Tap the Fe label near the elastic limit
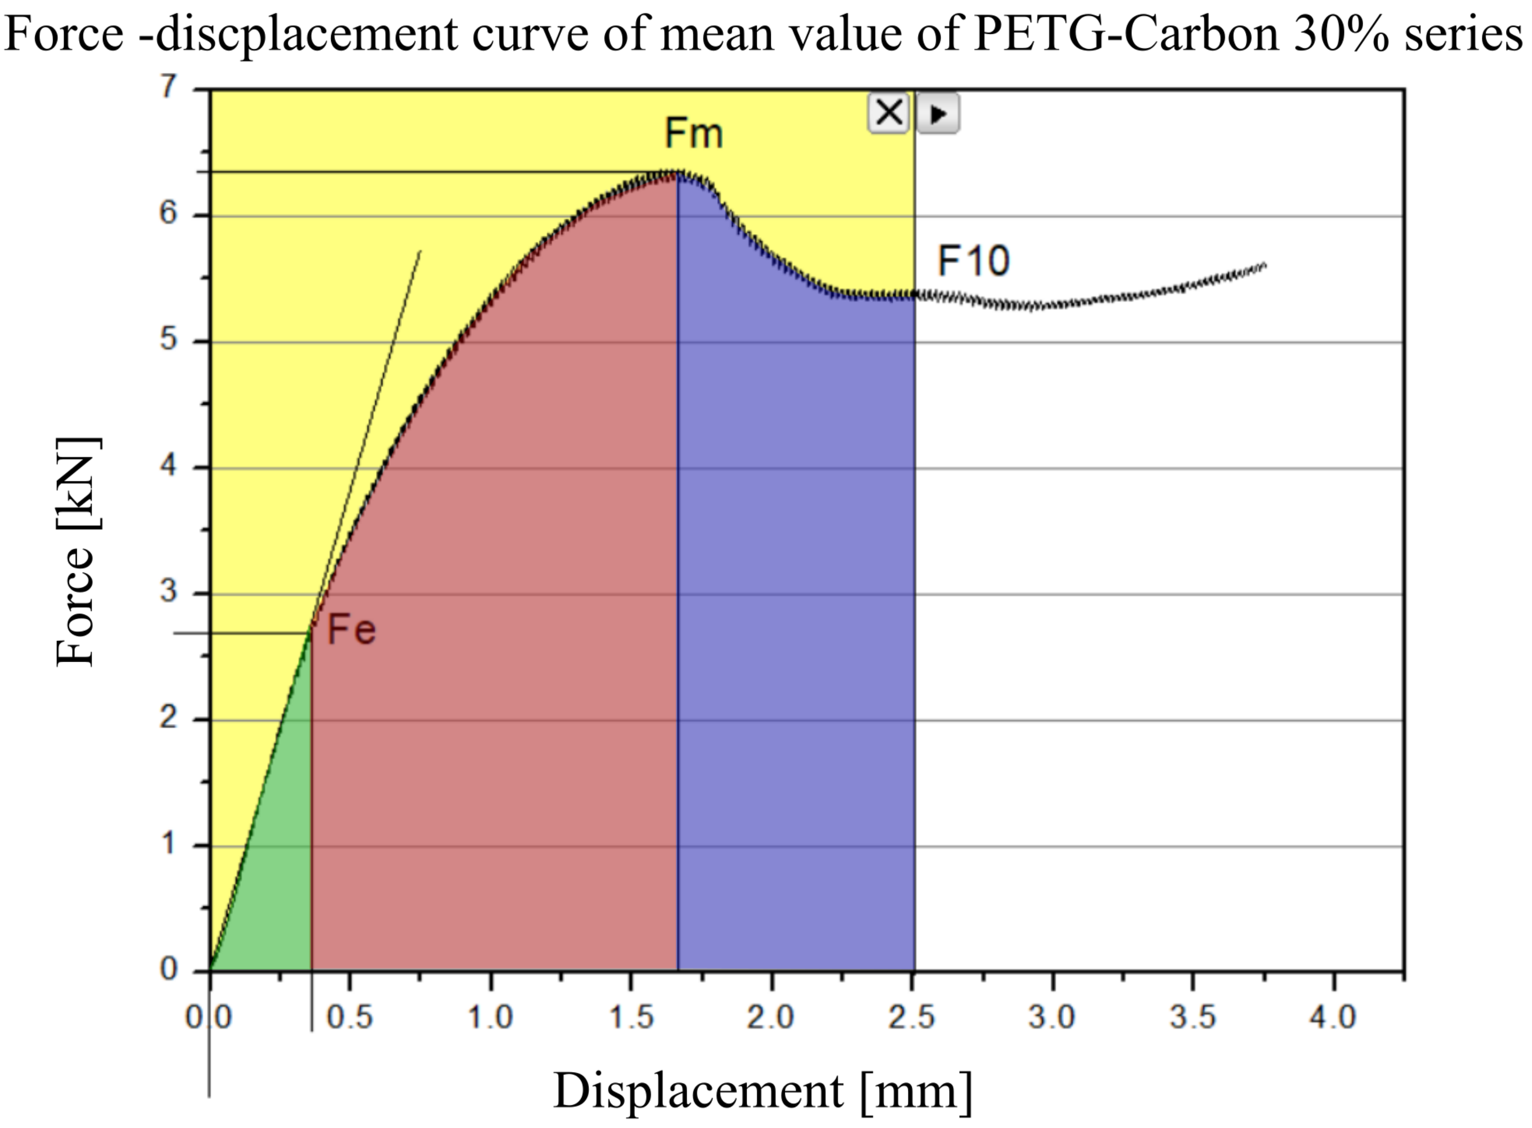pos(351,629)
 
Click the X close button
pos(888,112)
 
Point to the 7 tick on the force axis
pos(168,87)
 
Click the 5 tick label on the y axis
pos(168,339)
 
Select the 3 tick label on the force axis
pos(168,591)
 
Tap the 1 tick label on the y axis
pos(168,844)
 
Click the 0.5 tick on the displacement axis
pos(349,1017)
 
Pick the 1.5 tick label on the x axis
pos(631,1017)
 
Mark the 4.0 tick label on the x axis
pos(1332,1017)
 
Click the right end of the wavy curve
pos(1265,265)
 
